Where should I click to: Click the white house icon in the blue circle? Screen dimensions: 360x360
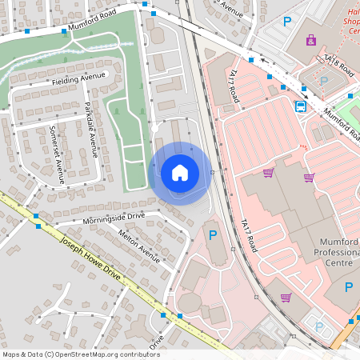[180, 173]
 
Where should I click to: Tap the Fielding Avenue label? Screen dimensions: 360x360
[78, 78]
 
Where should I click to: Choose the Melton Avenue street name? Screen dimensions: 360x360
[138, 242]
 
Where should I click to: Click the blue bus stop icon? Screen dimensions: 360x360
[301, 106]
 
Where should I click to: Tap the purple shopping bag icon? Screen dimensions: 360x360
[310, 39]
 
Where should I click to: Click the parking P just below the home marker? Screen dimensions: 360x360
[213, 235]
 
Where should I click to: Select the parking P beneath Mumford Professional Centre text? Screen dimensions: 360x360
[349, 286]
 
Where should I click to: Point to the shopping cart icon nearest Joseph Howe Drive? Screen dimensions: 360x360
[286, 298]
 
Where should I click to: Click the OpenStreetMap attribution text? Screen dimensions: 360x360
[81, 354]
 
